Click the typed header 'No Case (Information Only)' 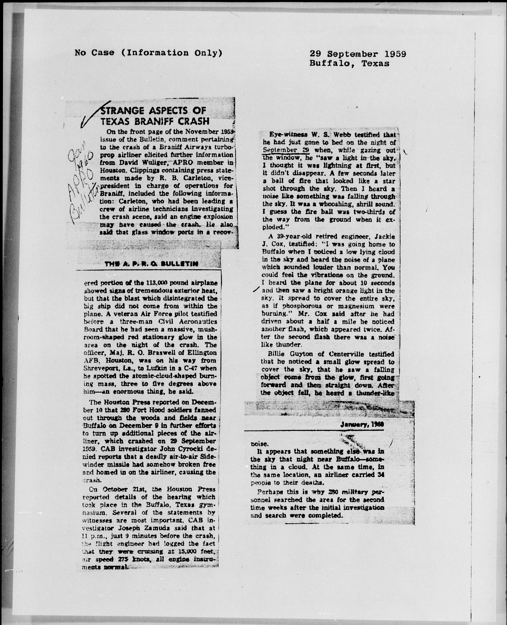coord(148,53)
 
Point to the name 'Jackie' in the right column coord(384,236)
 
